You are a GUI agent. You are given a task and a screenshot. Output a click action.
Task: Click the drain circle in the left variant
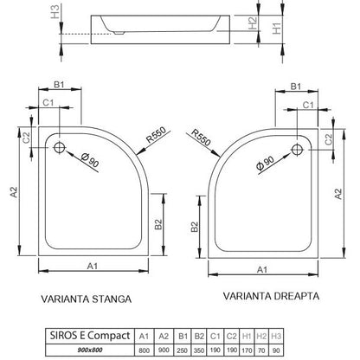60,147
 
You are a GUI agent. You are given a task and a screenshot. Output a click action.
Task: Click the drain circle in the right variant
297,150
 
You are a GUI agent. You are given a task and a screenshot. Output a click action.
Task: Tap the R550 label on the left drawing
157,135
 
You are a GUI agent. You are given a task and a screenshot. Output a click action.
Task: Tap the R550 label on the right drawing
201,137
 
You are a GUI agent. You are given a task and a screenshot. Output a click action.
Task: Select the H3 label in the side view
55,12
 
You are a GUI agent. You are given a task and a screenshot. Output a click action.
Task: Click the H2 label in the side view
253,22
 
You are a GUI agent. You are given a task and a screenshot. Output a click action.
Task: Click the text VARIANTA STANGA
87,299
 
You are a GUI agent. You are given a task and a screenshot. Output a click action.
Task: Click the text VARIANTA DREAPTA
271,296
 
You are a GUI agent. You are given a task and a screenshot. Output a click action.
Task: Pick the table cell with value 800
145,350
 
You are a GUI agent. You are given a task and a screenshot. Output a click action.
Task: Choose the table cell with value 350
199,350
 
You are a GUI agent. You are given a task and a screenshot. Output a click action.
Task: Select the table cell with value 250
183,350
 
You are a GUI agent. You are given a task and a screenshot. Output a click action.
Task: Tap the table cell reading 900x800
90,350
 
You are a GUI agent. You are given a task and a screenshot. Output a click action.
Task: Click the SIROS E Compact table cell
90,336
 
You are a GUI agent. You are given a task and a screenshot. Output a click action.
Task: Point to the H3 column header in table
276,336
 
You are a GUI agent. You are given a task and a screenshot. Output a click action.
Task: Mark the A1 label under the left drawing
93,266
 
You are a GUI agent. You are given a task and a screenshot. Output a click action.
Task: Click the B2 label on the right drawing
195,227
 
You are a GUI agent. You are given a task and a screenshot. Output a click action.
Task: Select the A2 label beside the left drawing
14,192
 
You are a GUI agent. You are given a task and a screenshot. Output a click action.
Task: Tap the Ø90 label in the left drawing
90,160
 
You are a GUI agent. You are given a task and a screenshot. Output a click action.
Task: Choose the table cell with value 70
261,350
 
